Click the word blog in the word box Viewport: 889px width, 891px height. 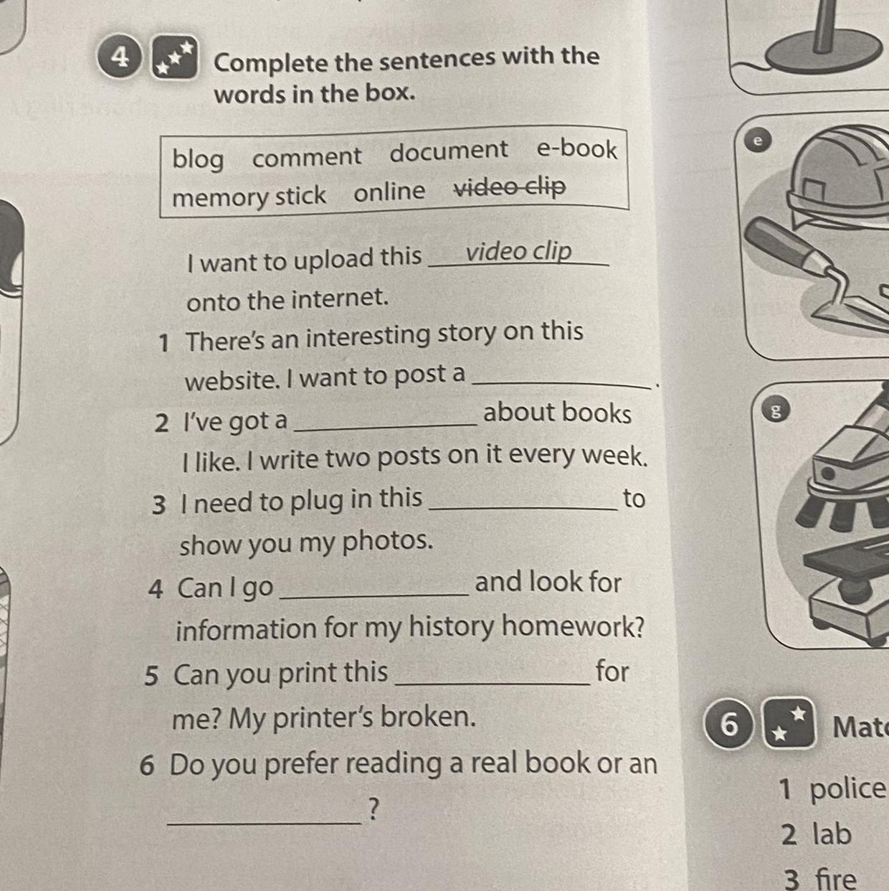(x=198, y=159)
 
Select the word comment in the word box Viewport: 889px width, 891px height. (x=307, y=156)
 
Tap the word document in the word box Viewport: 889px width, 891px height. (x=448, y=151)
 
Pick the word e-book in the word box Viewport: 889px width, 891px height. (x=576, y=149)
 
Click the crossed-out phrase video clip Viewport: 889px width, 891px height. (x=510, y=187)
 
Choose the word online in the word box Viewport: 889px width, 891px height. (x=389, y=191)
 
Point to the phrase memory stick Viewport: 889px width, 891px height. (x=249, y=197)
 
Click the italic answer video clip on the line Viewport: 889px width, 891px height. (x=518, y=252)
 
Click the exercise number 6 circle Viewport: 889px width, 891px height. (x=730, y=724)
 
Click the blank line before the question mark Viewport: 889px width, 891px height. (x=265, y=823)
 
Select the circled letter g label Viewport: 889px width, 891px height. (x=776, y=410)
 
